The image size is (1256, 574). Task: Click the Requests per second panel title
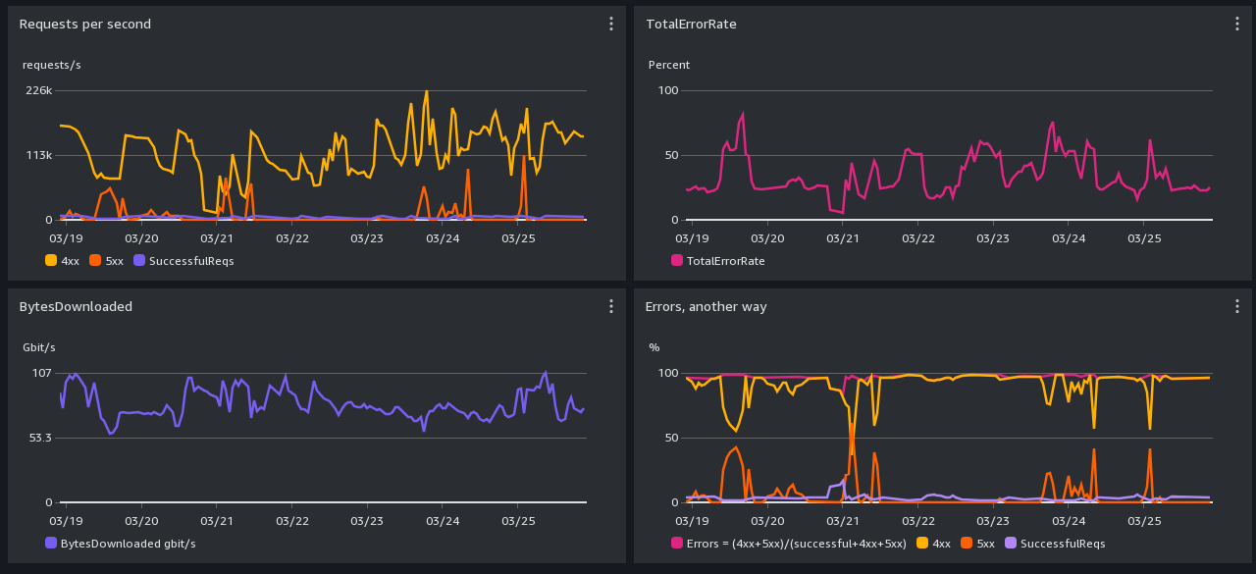85,24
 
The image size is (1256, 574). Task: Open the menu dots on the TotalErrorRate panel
1236,24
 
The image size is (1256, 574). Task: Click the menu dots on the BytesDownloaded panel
610,306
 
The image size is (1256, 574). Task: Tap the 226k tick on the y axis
38,90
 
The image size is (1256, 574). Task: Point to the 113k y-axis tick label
38,155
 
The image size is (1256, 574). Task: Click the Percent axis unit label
669,65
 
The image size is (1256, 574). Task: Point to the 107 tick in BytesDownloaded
42,373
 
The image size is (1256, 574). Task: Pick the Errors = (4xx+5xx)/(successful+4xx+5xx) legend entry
789,544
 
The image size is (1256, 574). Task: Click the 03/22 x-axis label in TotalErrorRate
917,238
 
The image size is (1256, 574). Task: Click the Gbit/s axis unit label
39,347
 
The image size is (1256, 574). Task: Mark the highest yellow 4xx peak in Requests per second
426,92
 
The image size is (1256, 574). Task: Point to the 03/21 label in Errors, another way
842,521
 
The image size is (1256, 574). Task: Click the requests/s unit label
52,65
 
